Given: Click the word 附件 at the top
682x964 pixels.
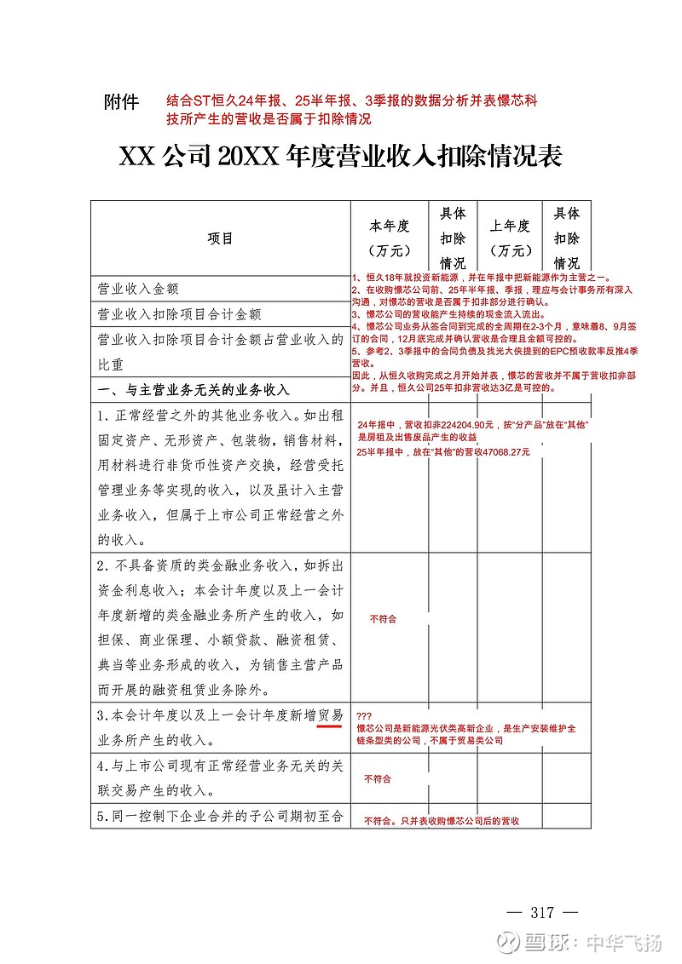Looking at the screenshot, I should click(x=120, y=102).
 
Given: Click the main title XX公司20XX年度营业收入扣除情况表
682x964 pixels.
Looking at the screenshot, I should click(x=340, y=157).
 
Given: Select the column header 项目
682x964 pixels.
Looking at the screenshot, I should click(x=220, y=238).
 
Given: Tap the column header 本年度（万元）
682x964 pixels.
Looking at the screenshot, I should click(x=389, y=238).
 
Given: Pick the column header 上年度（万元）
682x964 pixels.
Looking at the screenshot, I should click(x=510, y=238).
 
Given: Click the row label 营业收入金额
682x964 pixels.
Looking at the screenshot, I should click(x=138, y=290).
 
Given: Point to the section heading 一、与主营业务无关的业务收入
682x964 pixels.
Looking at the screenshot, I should click(x=194, y=390).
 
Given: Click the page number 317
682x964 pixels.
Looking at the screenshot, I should click(x=542, y=913).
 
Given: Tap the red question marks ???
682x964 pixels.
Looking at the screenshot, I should click(x=364, y=716).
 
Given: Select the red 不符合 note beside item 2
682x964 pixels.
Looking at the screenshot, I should click(x=383, y=619).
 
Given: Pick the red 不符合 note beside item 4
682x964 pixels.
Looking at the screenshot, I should click(x=378, y=778).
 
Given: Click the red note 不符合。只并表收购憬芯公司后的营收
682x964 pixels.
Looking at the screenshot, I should click(x=441, y=821).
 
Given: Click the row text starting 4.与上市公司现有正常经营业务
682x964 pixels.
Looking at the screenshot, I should click(x=220, y=766).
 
